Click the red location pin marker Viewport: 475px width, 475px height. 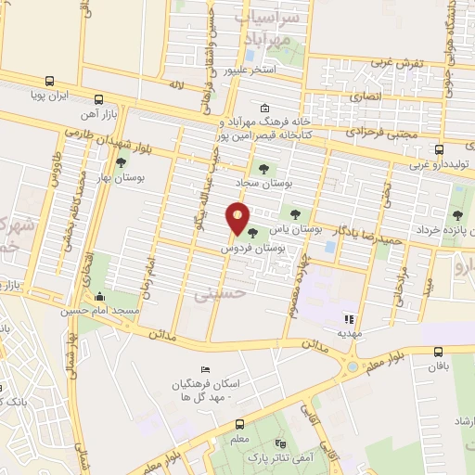pos(238,219)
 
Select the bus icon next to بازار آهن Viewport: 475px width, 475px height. pos(98,99)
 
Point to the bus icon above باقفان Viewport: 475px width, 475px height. pos(439,352)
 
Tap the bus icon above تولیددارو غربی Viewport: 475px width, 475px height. pos(439,148)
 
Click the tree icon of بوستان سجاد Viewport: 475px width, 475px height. pos(263,168)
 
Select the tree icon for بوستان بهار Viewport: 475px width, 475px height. pos(121,161)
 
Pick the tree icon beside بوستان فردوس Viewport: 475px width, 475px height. pos(252,233)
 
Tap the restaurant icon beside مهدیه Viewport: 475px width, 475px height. pos(350,318)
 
